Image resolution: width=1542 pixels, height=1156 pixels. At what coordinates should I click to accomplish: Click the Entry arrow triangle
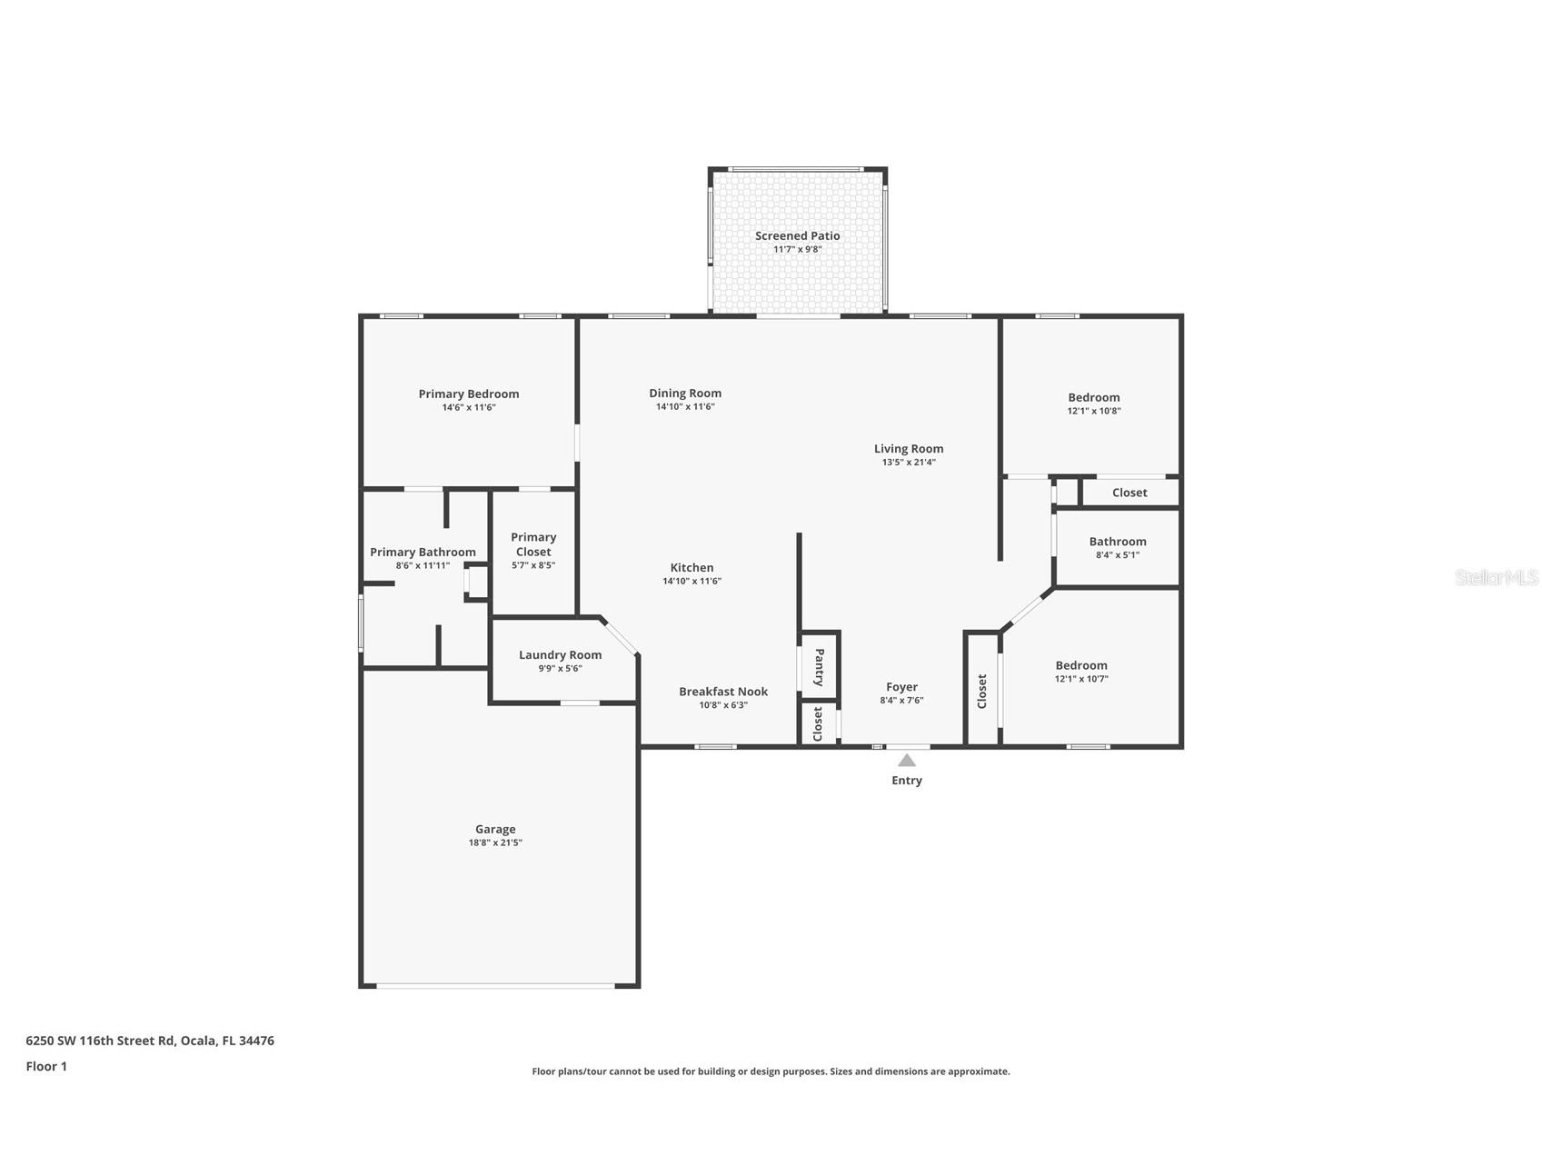(906, 760)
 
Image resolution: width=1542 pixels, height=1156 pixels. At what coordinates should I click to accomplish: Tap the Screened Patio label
(797, 235)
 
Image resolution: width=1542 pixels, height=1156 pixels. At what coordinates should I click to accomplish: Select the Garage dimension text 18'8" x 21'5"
(495, 842)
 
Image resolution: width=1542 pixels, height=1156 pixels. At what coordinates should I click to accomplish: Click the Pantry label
(819, 667)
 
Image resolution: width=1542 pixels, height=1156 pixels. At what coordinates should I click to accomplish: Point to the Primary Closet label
(533, 544)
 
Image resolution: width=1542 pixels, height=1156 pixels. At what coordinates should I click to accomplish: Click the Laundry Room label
(560, 654)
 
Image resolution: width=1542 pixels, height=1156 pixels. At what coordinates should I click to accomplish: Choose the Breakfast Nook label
(723, 692)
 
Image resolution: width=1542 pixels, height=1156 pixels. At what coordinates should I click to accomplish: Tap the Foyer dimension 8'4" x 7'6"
(901, 701)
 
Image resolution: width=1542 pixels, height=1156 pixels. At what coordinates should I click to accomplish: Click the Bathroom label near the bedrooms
(1117, 541)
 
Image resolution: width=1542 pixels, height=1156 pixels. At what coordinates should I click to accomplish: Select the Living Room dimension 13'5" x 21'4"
(908, 462)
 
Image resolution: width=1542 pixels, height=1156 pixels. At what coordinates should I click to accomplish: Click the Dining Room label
(685, 393)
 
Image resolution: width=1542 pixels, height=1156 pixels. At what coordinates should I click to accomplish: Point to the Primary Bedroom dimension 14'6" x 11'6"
(468, 407)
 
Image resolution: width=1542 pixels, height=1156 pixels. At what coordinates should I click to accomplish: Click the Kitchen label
(691, 567)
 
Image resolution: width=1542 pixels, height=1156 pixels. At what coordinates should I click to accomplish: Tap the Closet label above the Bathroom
(1129, 493)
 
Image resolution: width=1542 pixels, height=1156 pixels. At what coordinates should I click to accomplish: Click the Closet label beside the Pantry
(818, 724)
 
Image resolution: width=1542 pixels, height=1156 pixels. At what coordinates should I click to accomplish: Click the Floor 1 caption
(46, 1066)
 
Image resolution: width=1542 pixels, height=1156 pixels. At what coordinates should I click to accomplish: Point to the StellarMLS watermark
(1496, 577)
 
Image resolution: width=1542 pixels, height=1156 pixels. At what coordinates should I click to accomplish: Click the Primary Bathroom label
(423, 552)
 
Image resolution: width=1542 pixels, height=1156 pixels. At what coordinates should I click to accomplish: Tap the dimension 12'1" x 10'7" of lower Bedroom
(1081, 679)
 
